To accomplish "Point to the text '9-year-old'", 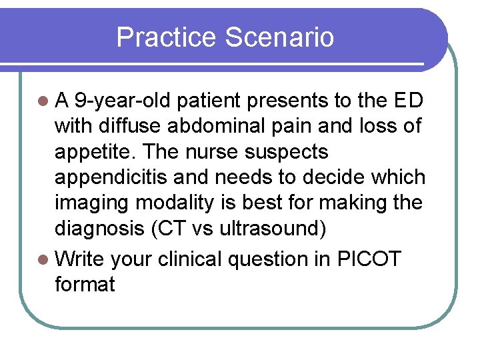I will coord(123,101).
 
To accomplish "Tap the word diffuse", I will coord(132,126).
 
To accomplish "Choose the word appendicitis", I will coord(114,177).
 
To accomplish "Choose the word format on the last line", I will coord(85,285).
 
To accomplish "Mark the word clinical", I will coord(193,259).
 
